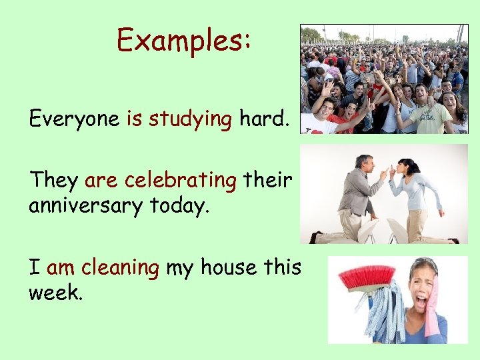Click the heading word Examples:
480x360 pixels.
click(183, 41)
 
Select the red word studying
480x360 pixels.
click(189, 119)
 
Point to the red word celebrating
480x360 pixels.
click(180, 180)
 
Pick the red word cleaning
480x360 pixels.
click(120, 267)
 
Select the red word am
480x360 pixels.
click(61, 269)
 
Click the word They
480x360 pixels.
click(53, 180)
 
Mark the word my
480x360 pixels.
click(179, 269)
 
